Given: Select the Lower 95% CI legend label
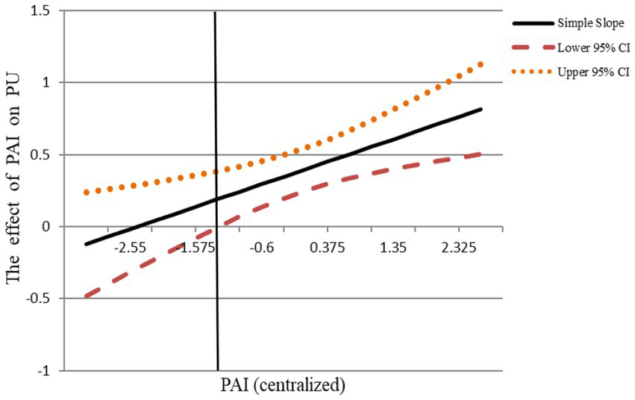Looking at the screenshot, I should click(595, 49).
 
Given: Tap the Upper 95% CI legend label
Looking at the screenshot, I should click(595, 72).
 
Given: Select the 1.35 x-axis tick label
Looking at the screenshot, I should click(393, 248).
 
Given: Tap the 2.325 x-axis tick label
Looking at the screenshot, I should click(459, 248).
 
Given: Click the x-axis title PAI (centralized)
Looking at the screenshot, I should click(283, 386).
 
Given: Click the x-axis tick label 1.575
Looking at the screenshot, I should click(195, 248).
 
